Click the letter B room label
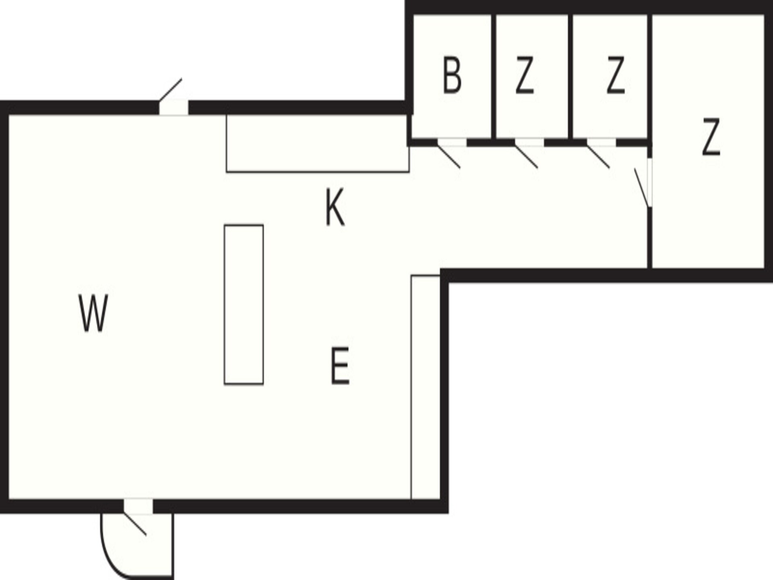(452, 75)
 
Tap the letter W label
(93, 313)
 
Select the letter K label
(335, 207)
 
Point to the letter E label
(340, 366)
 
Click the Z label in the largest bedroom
(711, 137)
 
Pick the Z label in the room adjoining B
(525, 75)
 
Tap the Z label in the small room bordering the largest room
(616, 75)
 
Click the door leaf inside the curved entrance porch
(135, 524)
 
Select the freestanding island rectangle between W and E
(244, 304)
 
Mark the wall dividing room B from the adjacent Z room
(494, 77)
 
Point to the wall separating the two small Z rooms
(570, 77)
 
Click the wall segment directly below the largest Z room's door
(649, 238)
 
